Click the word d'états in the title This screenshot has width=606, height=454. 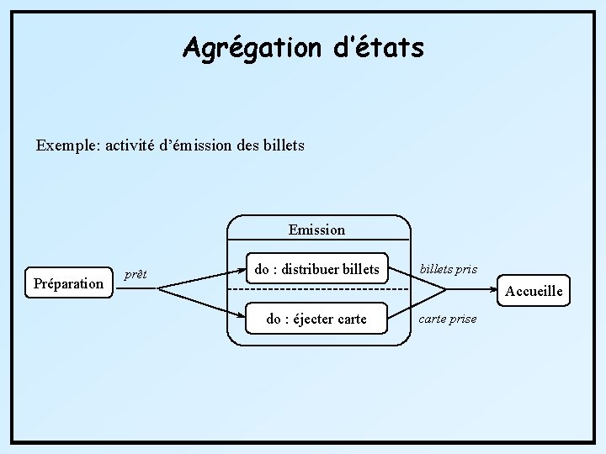(379, 47)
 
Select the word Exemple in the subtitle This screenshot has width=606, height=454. (67, 145)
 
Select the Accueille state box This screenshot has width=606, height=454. (533, 291)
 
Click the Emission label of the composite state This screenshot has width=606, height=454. (316, 230)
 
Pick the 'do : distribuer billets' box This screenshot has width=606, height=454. (316, 269)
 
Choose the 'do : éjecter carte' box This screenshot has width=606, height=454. (316, 319)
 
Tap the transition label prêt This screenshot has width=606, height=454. (136, 274)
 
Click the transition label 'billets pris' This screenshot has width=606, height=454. (449, 269)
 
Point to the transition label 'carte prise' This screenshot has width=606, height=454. (448, 319)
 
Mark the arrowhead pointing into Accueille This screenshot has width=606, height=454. (496, 290)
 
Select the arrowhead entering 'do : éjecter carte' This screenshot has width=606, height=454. (242, 317)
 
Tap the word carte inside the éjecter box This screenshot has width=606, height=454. (350, 319)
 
